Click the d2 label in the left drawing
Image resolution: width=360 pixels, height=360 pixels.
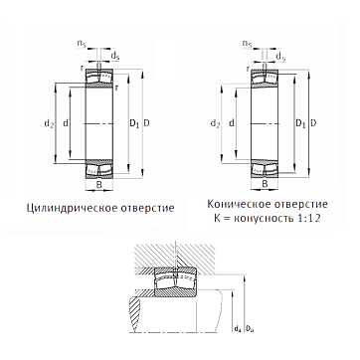(49, 123)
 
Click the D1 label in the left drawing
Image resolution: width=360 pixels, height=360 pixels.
(134, 123)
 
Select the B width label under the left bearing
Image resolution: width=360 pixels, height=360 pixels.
(98, 185)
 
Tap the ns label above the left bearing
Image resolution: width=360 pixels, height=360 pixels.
(82, 44)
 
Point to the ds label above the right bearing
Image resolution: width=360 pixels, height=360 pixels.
(280, 57)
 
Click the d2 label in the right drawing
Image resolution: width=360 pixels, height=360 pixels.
(215, 123)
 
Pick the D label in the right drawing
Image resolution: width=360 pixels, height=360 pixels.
(313, 123)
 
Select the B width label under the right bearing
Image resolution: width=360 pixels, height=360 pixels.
(265, 185)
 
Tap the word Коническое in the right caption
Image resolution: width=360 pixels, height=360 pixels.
(239, 204)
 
